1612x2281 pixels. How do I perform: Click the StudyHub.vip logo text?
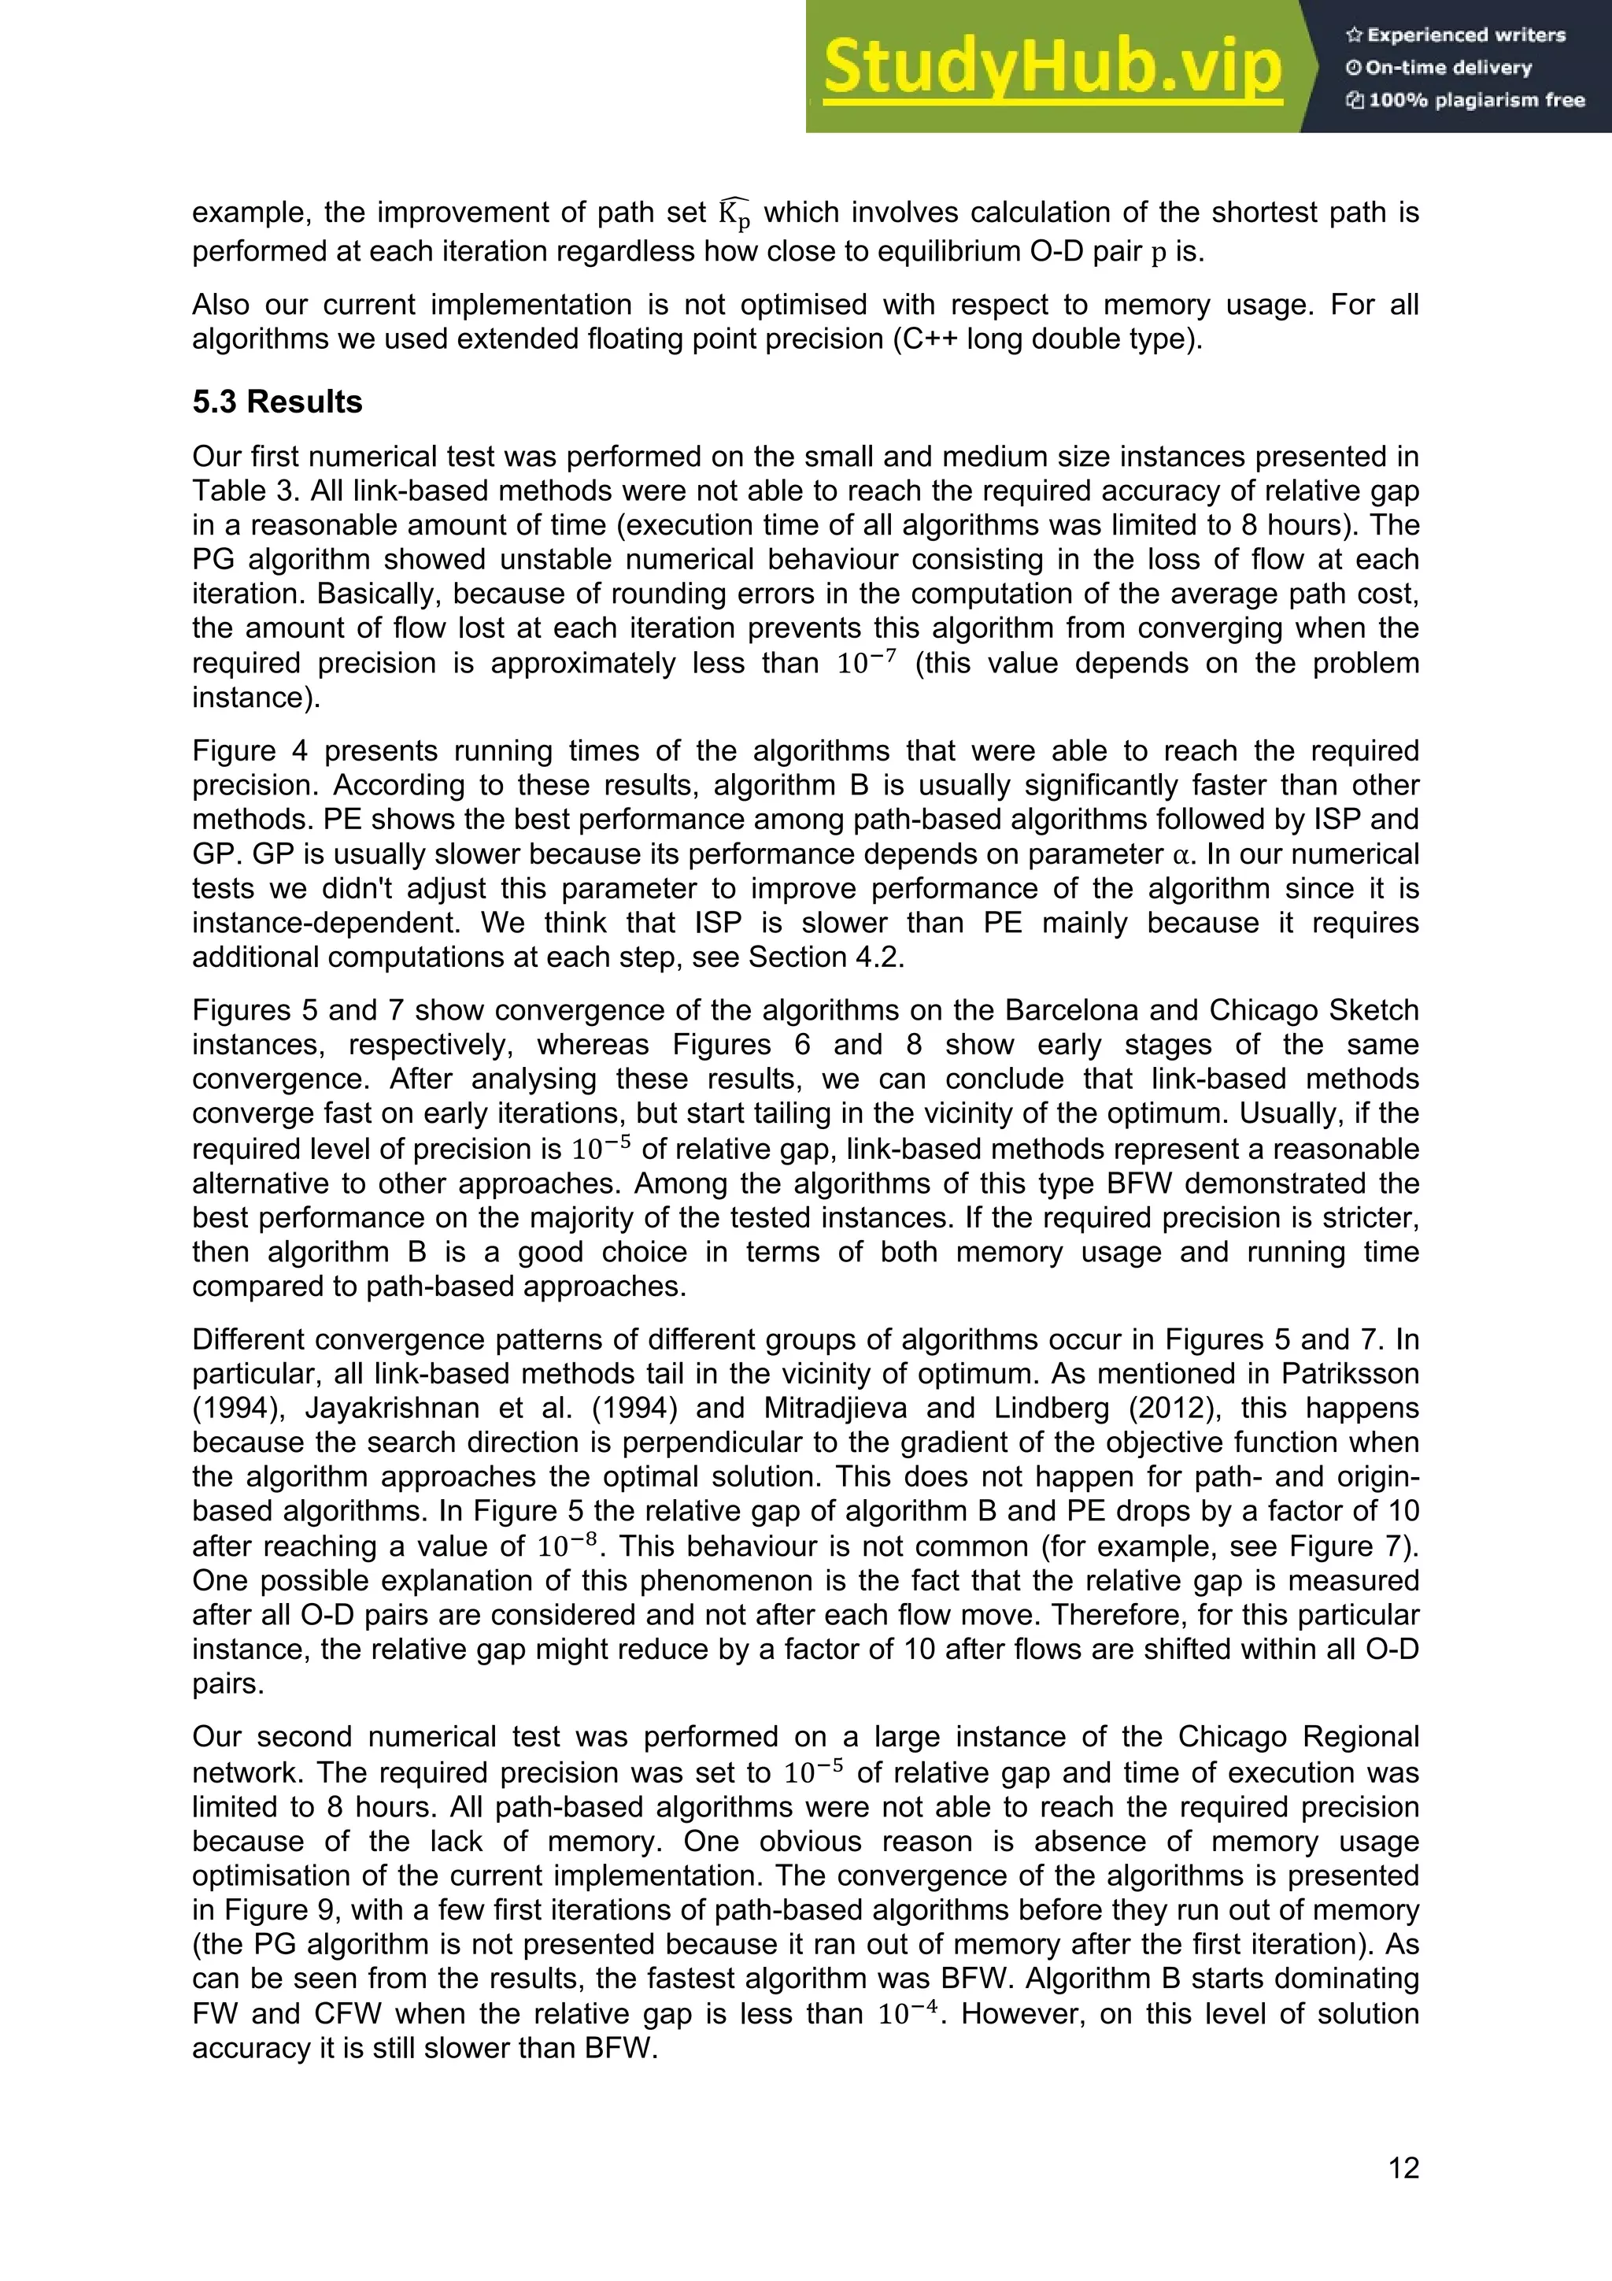(1052, 67)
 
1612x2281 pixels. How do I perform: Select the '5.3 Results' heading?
(277, 402)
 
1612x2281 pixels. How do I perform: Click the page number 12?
(1403, 2168)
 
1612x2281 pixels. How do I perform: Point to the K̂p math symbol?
(735, 213)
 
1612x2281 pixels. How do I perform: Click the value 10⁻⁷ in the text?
(866, 663)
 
